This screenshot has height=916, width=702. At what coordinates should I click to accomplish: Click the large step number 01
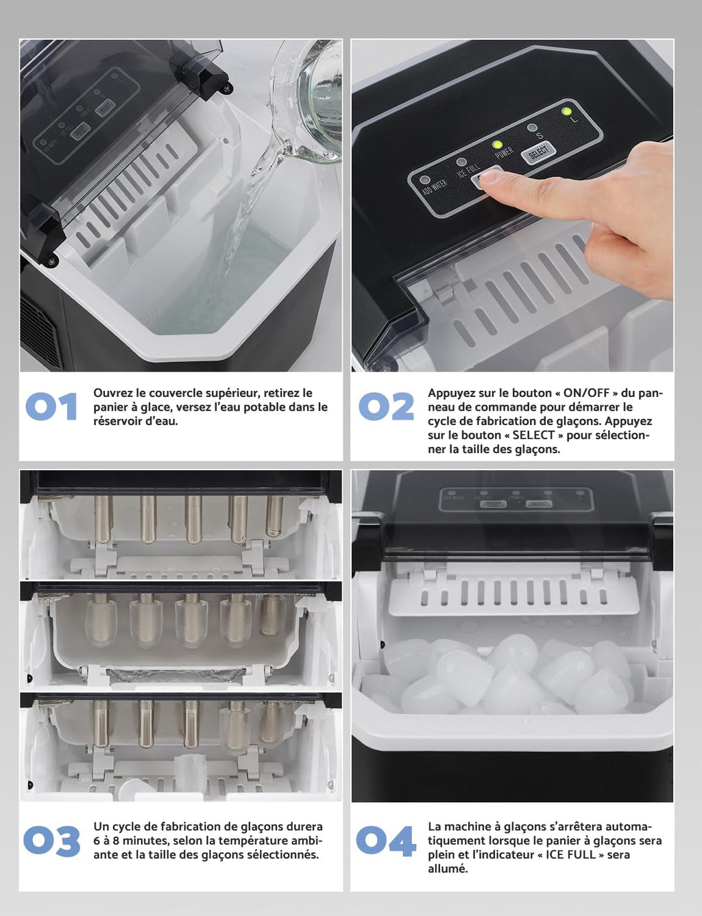coord(51,407)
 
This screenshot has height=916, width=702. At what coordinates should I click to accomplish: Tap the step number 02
coord(386,407)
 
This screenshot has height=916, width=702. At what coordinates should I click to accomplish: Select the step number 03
coord(51,841)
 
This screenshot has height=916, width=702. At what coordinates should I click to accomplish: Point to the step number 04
coord(386,841)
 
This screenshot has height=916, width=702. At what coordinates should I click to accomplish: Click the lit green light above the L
coord(566,111)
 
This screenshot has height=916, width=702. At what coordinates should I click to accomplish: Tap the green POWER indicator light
coord(497,145)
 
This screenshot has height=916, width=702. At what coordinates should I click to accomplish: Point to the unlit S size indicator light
coord(532,128)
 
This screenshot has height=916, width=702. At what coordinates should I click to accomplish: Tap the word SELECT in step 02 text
coord(533,435)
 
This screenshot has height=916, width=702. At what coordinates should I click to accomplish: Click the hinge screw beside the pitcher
coord(226,88)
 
